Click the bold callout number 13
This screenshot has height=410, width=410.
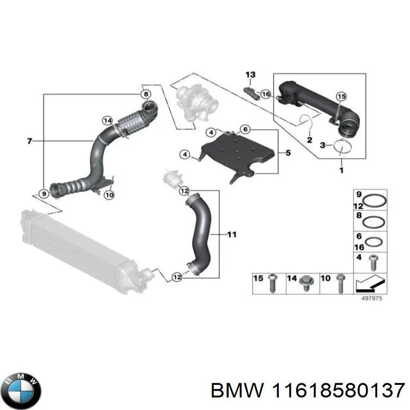[250, 75]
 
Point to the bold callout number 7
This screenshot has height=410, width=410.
[29, 140]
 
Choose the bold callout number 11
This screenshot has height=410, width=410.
[232, 235]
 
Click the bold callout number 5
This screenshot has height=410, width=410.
[288, 152]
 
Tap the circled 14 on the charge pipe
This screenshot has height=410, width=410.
[107, 120]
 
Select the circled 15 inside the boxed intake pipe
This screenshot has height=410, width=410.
[341, 96]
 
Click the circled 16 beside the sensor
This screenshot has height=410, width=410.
[265, 94]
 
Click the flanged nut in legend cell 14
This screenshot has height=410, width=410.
[307, 282]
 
